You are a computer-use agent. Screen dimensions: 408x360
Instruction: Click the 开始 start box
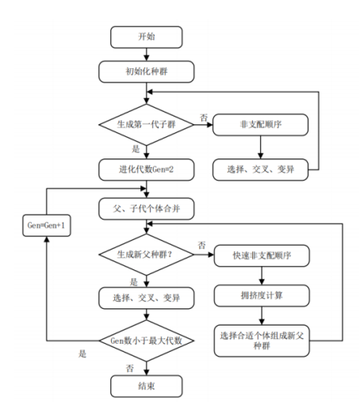pos(147,37)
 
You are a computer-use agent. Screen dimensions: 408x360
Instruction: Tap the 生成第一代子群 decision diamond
pos(147,124)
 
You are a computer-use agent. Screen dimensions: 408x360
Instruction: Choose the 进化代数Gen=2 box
pos(147,169)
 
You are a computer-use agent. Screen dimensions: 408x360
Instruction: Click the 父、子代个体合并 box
pos(147,209)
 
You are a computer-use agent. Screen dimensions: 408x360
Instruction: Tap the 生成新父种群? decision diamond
pos(147,255)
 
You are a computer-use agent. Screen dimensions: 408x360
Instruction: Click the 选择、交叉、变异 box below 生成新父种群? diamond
pos(147,298)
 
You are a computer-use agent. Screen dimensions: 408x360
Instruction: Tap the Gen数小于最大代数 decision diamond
pos(147,341)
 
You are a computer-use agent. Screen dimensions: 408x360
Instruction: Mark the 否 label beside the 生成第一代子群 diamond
pos(204,117)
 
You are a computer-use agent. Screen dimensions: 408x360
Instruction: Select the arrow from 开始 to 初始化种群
pos(147,54)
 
